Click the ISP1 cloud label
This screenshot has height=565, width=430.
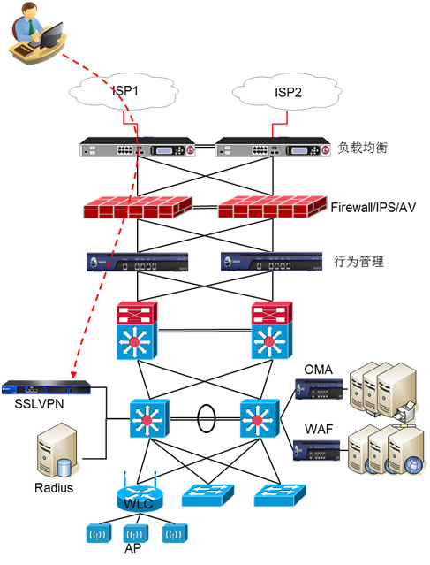[x=125, y=91]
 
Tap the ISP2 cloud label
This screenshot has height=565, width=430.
[x=288, y=93]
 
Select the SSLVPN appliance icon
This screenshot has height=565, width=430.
[x=46, y=387]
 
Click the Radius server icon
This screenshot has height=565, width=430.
[x=57, y=450]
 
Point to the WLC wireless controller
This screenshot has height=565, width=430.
[x=140, y=497]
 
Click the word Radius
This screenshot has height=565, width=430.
[x=54, y=488]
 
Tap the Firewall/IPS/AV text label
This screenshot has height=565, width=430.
[x=373, y=208]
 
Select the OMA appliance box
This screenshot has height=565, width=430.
[x=319, y=389]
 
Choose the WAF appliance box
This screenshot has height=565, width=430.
[x=317, y=450]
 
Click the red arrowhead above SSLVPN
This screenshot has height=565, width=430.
[x=73, y=375]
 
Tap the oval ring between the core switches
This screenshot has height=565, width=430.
[x=207, y=418]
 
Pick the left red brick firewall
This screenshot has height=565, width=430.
[x=138, y=207]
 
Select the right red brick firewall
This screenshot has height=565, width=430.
[x=273, y=207]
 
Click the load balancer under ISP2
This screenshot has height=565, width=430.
[x=273, y=147]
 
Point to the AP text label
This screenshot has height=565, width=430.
[x=132, y=548]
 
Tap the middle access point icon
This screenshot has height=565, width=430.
[x=136, y=534]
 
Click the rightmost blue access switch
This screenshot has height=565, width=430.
[x=280, y=495]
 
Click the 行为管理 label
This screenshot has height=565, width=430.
[x=358, y=261]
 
